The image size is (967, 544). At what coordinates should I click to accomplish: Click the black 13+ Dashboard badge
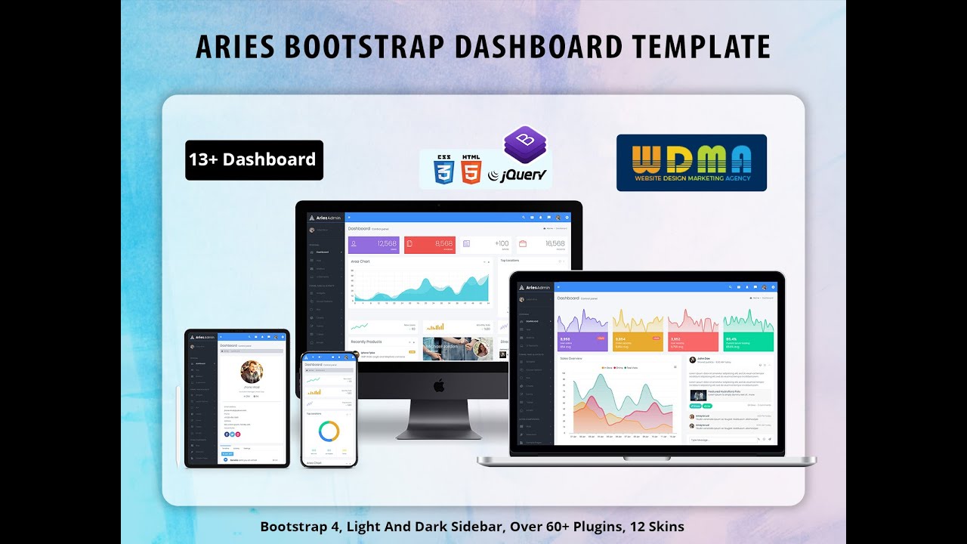[254, 159]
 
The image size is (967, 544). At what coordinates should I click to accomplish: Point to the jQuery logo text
[521, 175]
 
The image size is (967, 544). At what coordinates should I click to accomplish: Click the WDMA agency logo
[691, 162]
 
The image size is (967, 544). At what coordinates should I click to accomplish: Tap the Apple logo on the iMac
[439, 386]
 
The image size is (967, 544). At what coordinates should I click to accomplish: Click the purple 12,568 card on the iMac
[373, 244]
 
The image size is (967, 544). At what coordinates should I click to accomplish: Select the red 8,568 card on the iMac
[430, 244]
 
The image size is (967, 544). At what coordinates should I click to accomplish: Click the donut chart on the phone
[329, 431]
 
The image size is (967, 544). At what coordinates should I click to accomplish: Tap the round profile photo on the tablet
[252, 371]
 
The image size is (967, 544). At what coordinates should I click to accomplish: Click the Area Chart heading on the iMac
[360, 261]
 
